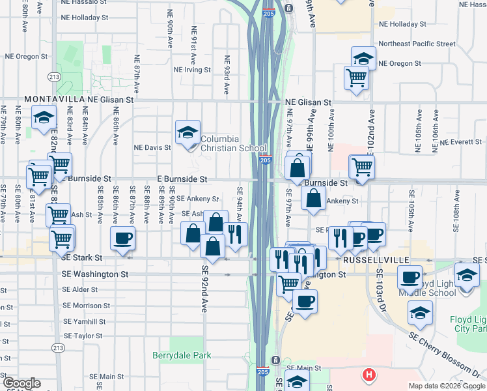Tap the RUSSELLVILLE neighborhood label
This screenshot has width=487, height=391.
coord(370,259)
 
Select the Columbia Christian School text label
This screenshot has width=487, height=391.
coord(229,143)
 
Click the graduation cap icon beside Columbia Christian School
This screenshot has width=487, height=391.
coord(188,133)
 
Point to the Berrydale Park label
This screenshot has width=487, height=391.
coord(182,356)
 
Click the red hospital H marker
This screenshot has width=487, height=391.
coord(369,375)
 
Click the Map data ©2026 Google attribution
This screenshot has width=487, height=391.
coord(446,386)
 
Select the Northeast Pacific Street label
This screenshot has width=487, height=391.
coord(417,44)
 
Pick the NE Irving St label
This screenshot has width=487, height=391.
coord(192,70)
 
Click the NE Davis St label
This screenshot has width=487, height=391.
coord(152,147)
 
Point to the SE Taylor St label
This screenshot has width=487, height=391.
coord(84,336)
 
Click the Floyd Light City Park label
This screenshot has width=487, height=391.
coord(468,325)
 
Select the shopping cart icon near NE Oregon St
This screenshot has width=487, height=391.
coord(357,78)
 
